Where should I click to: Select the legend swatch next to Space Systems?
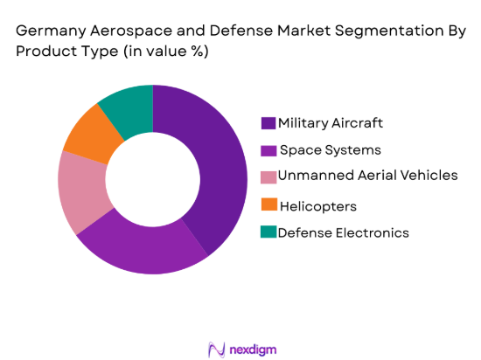pyautogui.click(x=268, y=149)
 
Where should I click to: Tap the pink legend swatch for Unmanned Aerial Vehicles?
pyautogui.click(x=268, y=177)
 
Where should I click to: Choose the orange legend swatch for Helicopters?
pyautogui.click(x=268, y=205)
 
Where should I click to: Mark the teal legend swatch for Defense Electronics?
pyautogui.click(x=268, y=232)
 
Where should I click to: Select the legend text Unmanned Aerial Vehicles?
pyautogui.click(x=367, y=176)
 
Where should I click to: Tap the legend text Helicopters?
pyautogui.click(x=318, y=205)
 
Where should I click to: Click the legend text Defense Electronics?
pyautogui.click(x=344, y=232)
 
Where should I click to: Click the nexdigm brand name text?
pyautogui.click(x=254, y=348)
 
